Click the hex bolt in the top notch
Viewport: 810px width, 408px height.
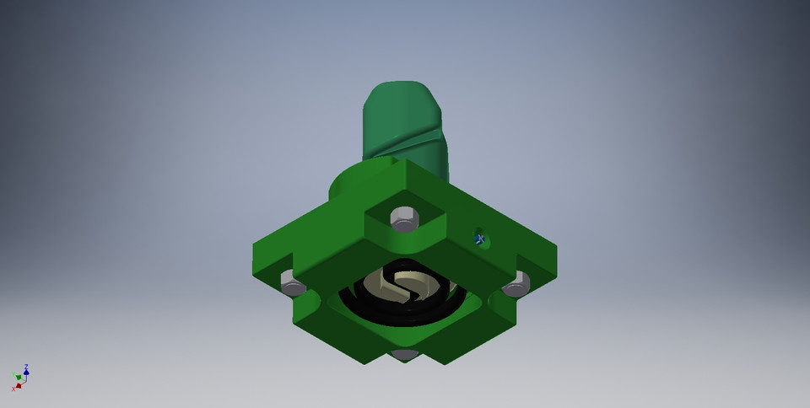click(405, 218)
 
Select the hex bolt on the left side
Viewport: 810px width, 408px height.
click(292, 284)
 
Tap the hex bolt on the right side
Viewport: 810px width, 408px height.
click(516, 285)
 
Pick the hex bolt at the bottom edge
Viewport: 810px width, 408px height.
click(405, 355)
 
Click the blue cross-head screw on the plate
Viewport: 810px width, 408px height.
click(479, 239)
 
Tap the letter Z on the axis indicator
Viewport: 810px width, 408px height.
click(27, 366)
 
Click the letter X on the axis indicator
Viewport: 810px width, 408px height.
click(13, 388)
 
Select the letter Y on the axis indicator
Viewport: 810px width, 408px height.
click(13, 374)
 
